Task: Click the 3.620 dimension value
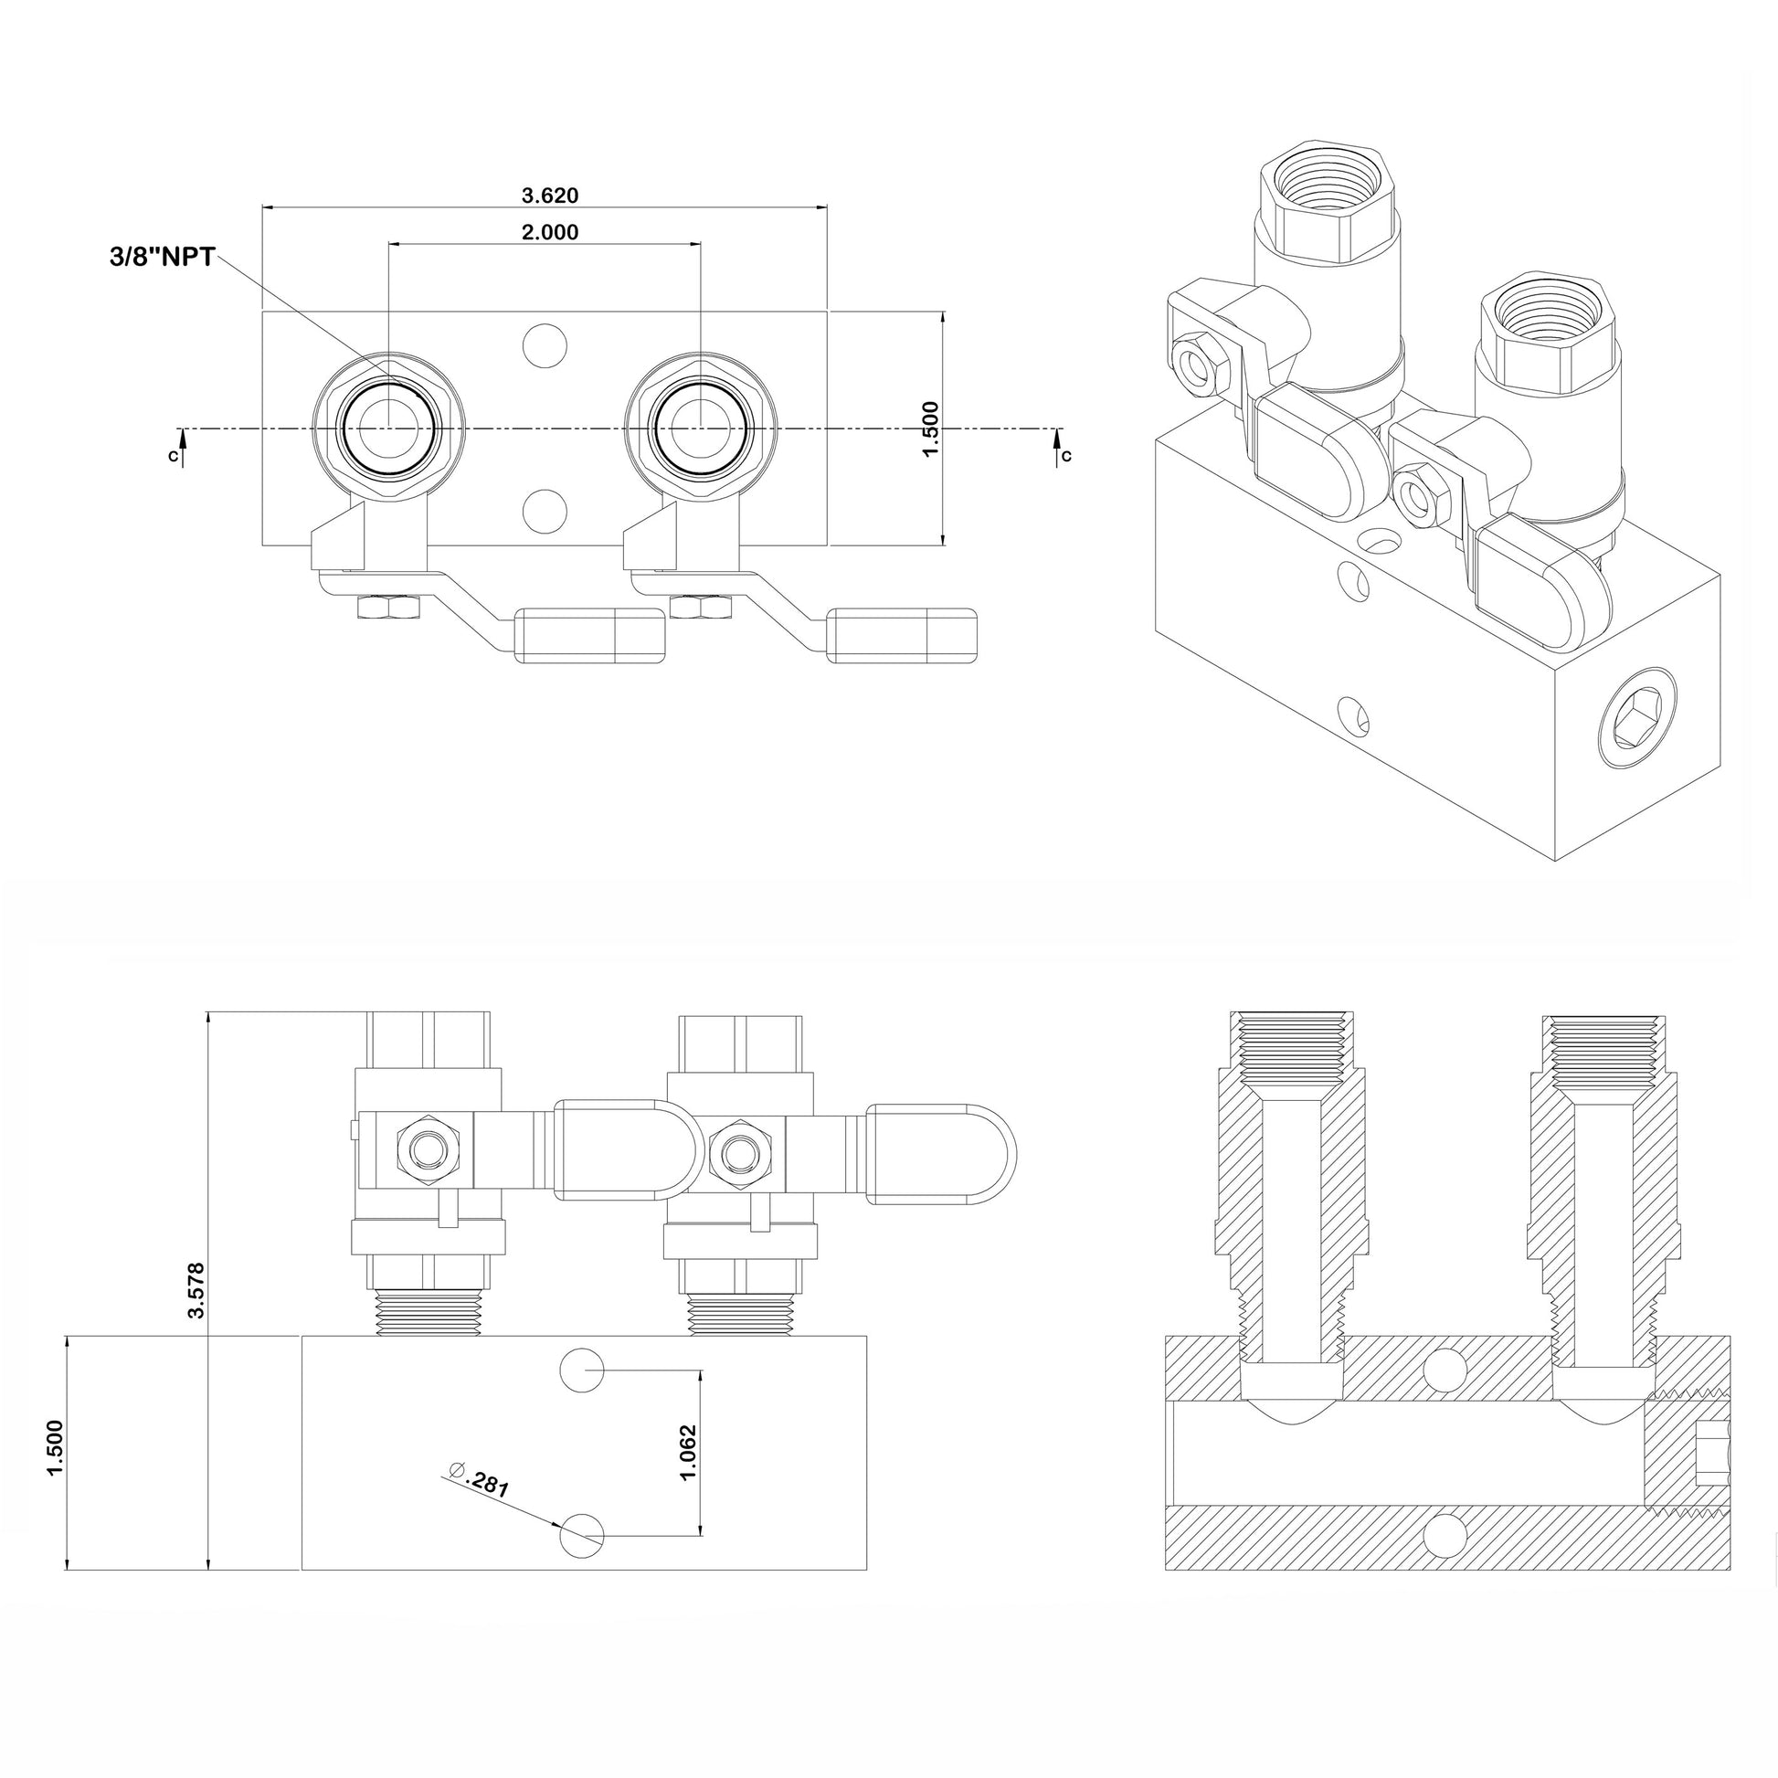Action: click(x=549, y=196)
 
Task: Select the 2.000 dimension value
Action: click(x=549, y=232)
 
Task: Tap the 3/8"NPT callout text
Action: click(x=162, y=258)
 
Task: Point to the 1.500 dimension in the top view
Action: click(x=930, y=429)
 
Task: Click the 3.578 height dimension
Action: click(x=196, y=1289)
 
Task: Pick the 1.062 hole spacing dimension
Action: click(x=687, y=1452)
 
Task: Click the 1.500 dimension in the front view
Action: click(x=55, y=1447)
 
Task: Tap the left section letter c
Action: click(x=173, y=455)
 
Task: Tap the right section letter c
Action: click(x=1066, y=455)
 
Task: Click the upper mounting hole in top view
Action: click(x=544, y=346)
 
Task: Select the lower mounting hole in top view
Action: click(x=544, y=511)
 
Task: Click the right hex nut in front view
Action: click(x=740, y=1149)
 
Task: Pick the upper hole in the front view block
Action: click(x=582, y=1370)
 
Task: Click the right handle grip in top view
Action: click(x=903, y=634)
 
